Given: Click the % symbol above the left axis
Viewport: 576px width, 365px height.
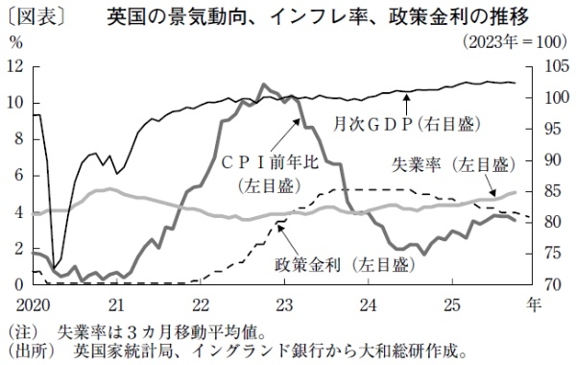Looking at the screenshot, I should [x=14, y=43].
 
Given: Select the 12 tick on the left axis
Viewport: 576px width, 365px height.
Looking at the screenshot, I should [x=14, y=66].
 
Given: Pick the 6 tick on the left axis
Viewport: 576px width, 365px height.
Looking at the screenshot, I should [x=18, y=176].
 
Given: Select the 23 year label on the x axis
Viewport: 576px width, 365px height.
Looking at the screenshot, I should [x=284, y=303].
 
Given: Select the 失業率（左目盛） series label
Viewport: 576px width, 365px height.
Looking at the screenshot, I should [x=448, y=165].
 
